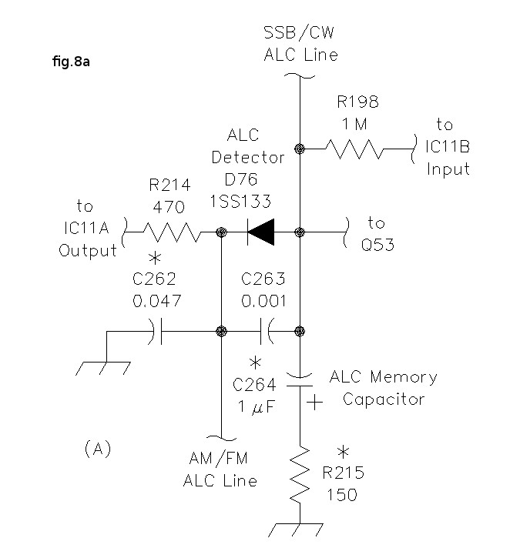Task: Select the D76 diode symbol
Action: click(260, 232)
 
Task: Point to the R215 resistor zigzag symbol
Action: click(300, 475)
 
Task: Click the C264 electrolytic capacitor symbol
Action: click(300, 378)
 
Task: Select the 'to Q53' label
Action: click(376, 232)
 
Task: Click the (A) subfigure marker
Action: click(97, 449)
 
